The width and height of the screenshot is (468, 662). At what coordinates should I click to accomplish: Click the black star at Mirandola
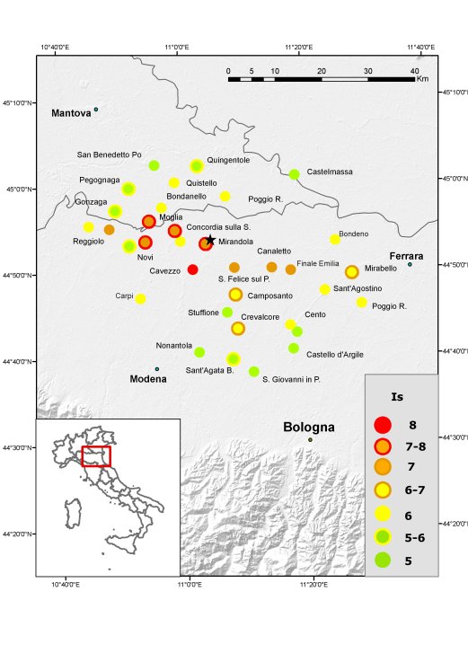(x=210, y=240)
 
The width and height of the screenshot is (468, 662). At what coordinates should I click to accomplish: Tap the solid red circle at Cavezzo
(x=192, y=269)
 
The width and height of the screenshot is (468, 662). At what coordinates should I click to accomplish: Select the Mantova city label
(x=71, y=114)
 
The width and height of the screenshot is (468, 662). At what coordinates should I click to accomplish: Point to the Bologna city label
(x=309, y=428)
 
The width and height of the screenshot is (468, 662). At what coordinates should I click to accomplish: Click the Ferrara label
(x=406, y=256)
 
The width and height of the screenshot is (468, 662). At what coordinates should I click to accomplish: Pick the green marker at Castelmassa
(x=294, y=174)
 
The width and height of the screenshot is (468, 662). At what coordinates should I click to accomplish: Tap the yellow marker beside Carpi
(x=140, y=298)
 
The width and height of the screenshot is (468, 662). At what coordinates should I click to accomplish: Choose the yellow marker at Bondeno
(x=335, y=239)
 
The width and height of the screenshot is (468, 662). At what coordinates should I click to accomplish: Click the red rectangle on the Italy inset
(x=96, y=456)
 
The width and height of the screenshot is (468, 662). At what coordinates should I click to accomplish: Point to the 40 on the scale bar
(x=414, y=70)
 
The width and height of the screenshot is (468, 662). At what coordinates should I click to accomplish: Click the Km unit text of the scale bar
(x=422, y=79)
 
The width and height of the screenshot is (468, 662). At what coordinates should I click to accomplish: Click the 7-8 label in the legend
(x=418, y=446)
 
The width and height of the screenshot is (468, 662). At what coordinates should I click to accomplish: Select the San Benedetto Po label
(x=110, y=154)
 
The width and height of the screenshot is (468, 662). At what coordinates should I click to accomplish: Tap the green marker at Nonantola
(x=199, y=352)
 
